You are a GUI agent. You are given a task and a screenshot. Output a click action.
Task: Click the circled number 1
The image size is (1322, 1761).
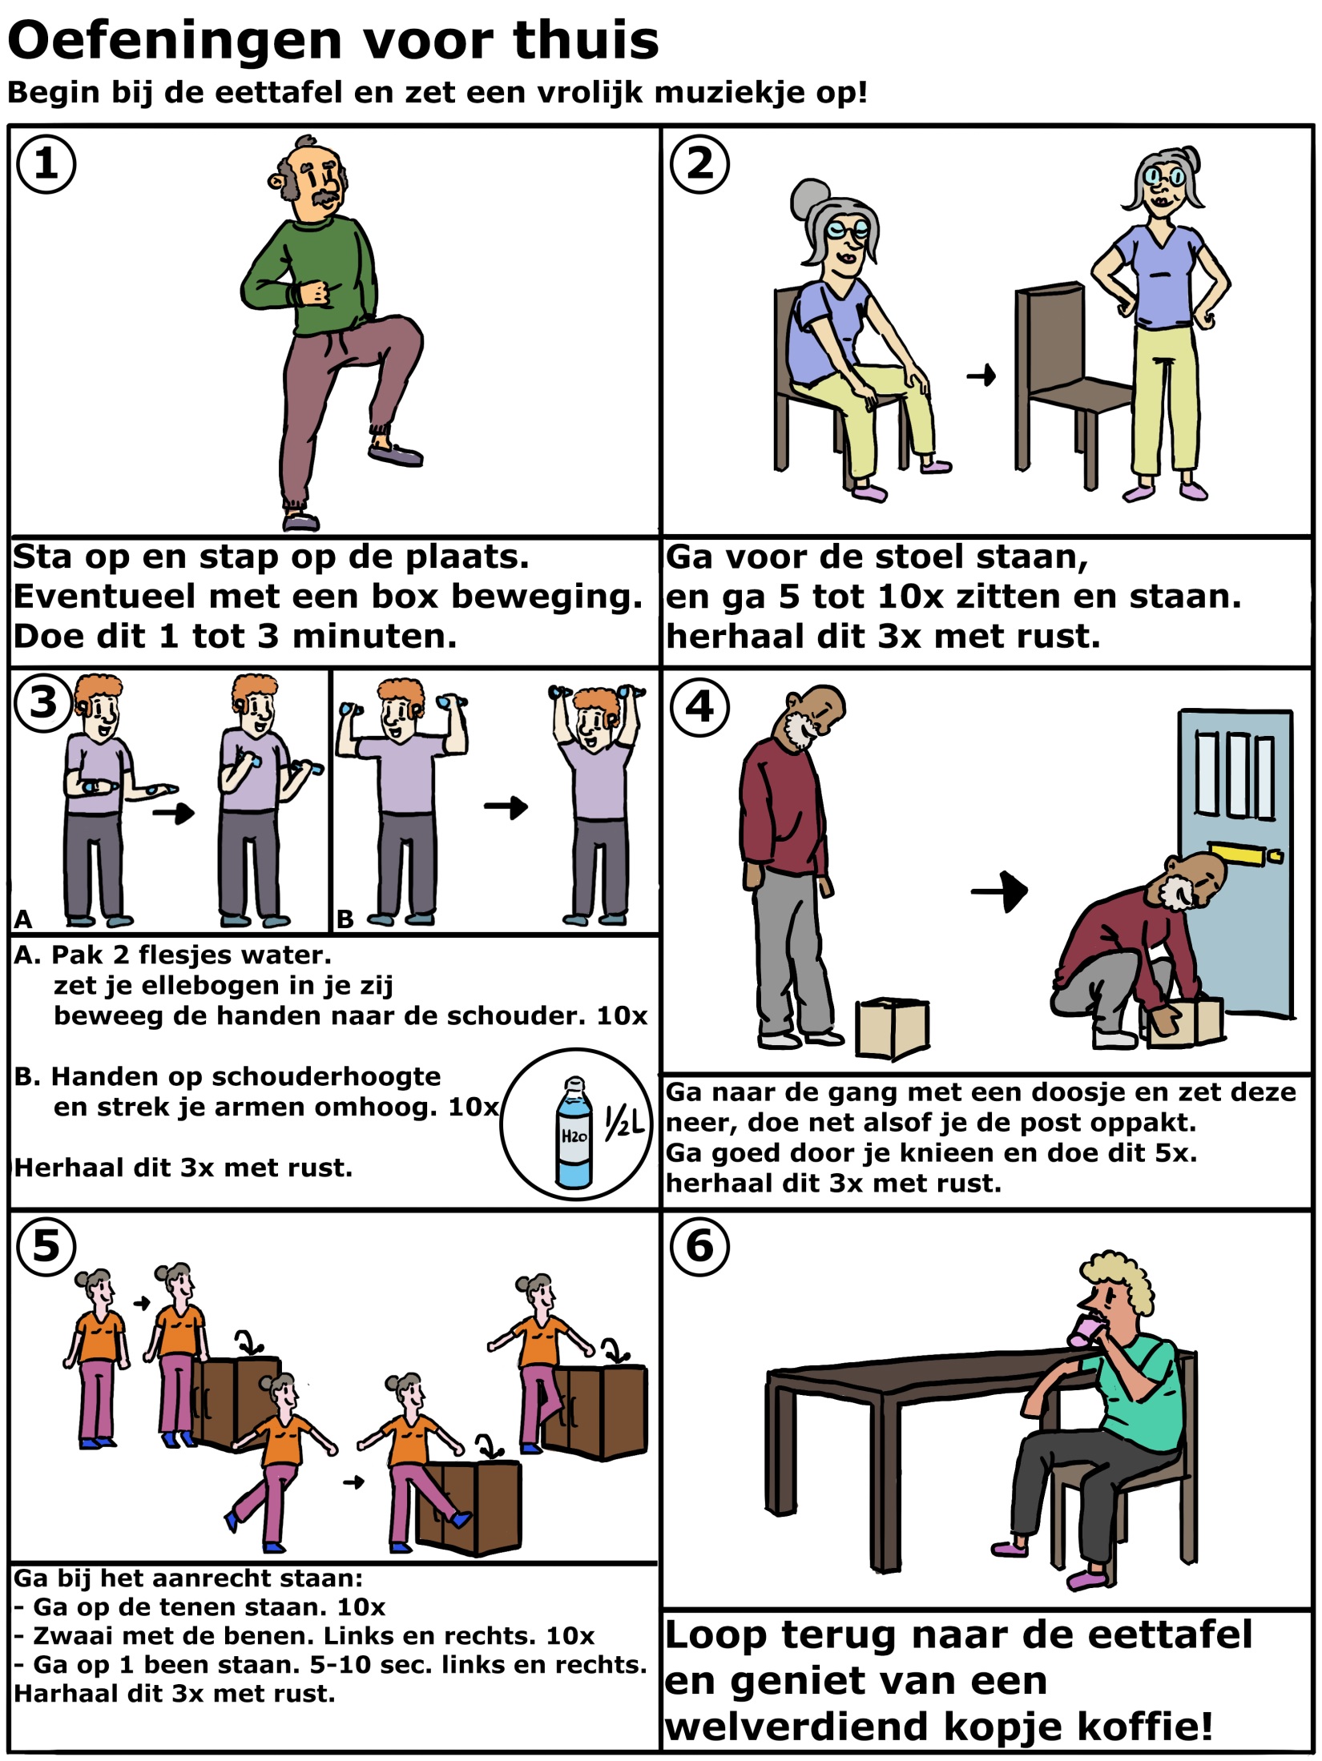point(46,164)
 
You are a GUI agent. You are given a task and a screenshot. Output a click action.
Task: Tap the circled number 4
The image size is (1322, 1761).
point(699,707)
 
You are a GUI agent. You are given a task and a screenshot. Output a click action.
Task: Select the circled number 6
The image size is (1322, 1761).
point(699,1247)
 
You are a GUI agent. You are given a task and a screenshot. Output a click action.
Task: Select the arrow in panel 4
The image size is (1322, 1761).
point(1000,891)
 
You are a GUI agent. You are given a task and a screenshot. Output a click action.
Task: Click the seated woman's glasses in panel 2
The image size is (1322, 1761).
point(849,231)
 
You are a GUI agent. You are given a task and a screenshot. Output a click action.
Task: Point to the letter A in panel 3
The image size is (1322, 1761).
point(23,919)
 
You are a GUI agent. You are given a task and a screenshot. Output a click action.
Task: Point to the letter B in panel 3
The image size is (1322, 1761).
point(345,919)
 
